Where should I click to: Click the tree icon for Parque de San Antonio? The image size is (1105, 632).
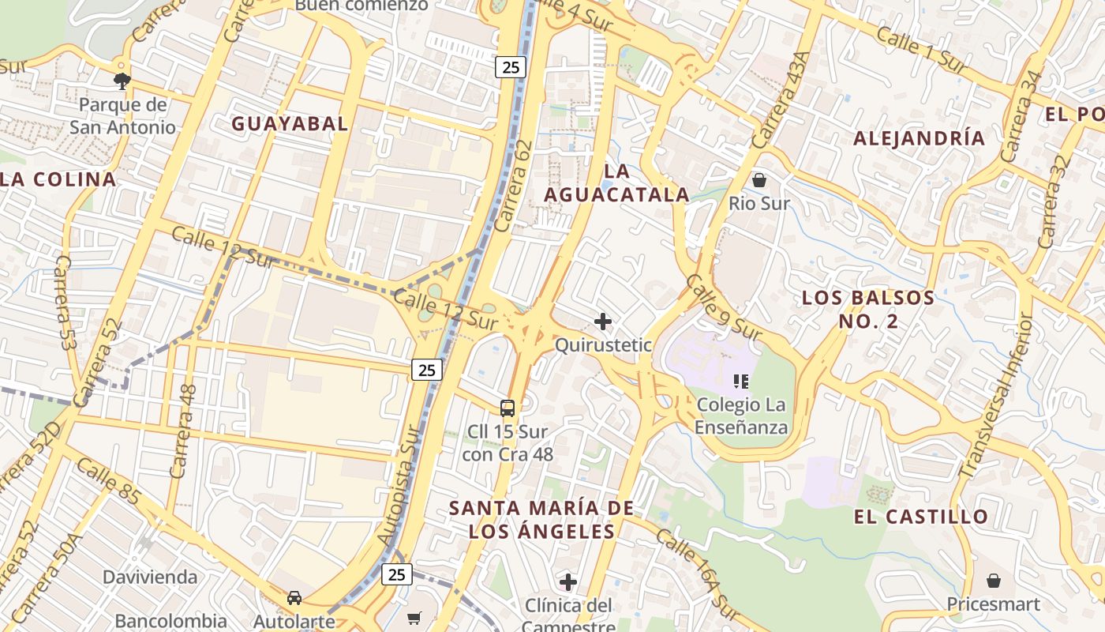point(122,80)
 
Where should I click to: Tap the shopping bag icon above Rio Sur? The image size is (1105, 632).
point(759,180)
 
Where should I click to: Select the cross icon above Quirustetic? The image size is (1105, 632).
point(603,321)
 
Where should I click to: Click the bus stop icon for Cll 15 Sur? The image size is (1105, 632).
point(508,408)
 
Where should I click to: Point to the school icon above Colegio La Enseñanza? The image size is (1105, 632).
point(741,382)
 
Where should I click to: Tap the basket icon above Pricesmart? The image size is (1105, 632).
point(994,581)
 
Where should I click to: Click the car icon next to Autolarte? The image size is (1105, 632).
point(294,597)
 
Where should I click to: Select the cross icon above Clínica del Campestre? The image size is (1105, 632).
point(567,583)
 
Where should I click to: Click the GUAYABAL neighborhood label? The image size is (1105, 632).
point(289,124)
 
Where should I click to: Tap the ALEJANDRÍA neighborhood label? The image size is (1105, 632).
point(920,138)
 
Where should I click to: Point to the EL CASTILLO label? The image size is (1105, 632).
point(920,517)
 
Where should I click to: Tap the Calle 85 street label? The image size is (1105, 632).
point(110,483)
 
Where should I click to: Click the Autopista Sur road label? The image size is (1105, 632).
point(396,486)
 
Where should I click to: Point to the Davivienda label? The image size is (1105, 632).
point(150,577)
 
